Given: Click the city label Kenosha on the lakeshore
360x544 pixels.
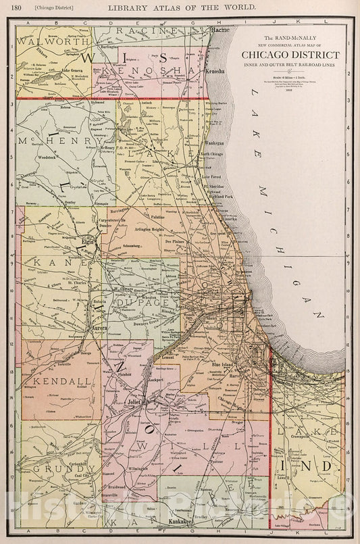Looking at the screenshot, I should click(x=215, y=70).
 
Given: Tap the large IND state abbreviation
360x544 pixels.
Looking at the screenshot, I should click(x=315, y=466).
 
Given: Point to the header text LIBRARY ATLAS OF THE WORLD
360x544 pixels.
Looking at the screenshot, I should click(x=180, y=6).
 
